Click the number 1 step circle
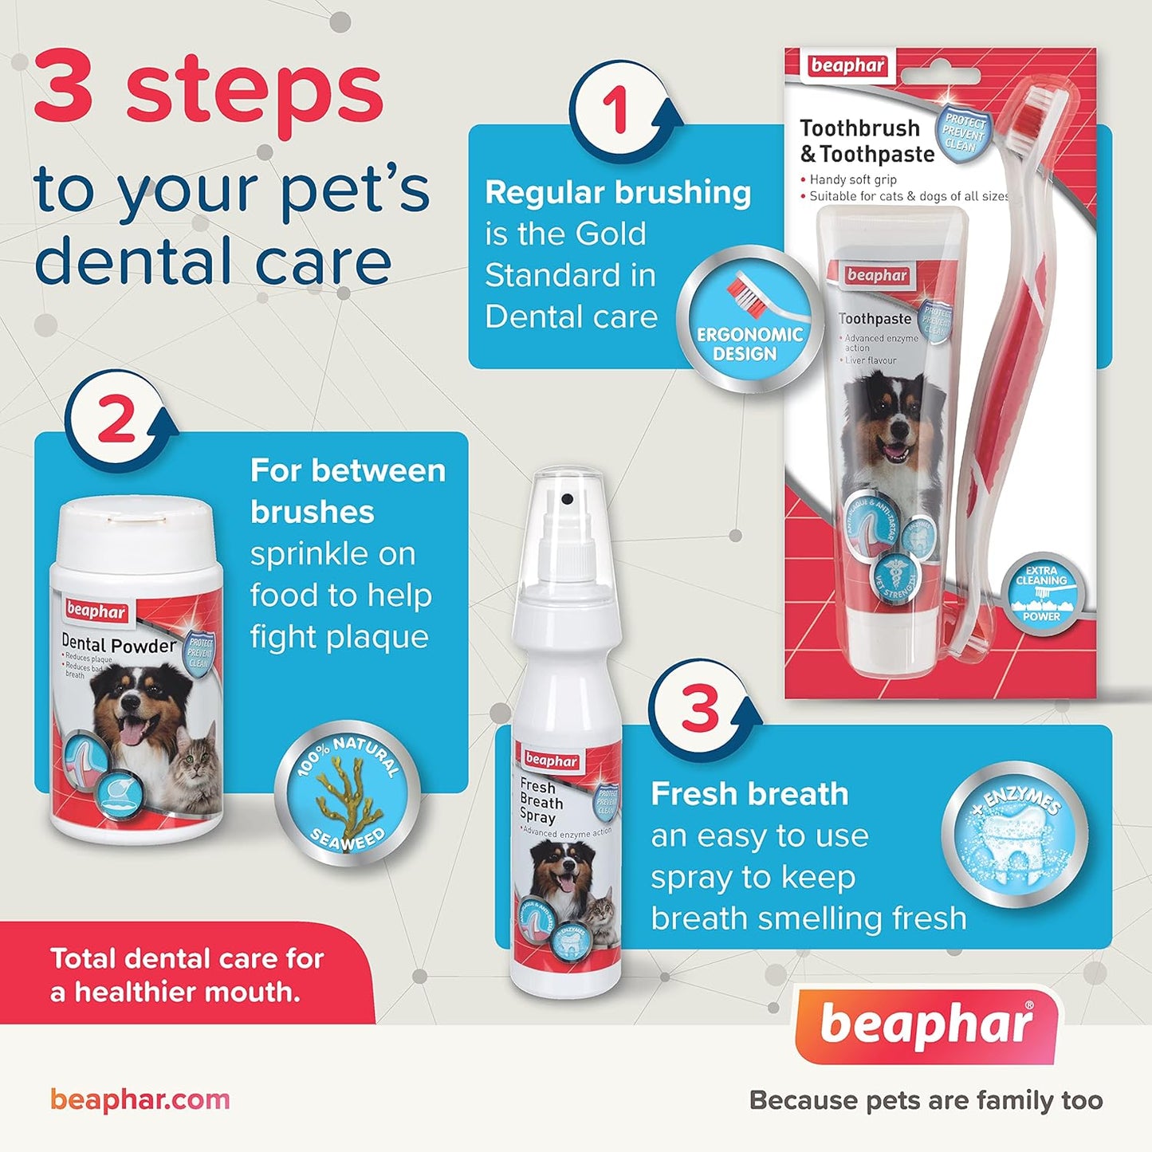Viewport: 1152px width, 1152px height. (616, 112)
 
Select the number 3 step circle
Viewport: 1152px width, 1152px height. (699, 709)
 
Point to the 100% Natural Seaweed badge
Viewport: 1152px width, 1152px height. (348, 794)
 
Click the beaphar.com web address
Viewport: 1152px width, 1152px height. (140, 1099)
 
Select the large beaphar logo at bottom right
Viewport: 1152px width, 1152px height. (926, 1025)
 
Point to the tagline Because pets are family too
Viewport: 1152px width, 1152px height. (926, 1100)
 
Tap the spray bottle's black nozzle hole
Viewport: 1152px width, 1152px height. (567, 499)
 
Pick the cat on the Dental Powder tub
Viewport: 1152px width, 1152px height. (196, 766)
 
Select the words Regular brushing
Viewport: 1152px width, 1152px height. (618, 193)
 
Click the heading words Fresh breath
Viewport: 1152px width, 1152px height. (749, 794)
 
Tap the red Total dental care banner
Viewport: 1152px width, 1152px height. (187, 974)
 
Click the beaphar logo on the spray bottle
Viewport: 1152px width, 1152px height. (551, 761)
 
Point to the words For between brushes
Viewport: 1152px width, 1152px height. (348, 491)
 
